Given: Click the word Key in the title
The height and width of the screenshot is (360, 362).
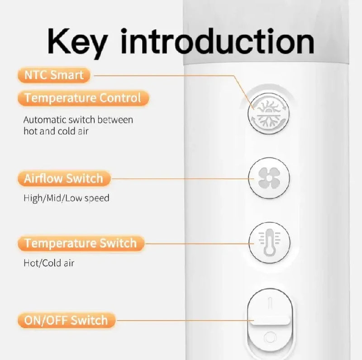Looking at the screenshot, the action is [x=77, y=43].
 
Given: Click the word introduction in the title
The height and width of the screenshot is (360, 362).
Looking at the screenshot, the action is [x=217, y=41].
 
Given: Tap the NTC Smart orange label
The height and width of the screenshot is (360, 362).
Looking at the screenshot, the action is [x=54, y=75].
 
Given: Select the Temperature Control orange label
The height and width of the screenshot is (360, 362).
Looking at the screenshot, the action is [x=83, y=98].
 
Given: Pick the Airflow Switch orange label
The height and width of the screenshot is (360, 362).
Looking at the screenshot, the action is [x=64, y=178].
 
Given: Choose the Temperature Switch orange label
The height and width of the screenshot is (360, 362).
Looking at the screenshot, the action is [x=81, y=243].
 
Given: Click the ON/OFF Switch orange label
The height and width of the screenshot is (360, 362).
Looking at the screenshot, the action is [x=66, y=320].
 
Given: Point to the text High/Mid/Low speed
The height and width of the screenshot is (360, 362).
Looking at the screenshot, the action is [x=67, y=198].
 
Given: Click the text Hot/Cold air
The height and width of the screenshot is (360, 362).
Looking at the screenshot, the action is [x=49, y=263].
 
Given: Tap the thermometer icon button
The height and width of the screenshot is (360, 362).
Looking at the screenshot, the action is [x=269, y=242].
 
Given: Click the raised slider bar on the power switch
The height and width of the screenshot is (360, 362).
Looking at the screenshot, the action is [x=271, y=321].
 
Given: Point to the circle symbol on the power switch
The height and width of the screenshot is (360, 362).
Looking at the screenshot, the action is [x=270, y=337].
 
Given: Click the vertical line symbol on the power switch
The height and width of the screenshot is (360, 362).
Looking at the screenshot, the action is [x=271, y=303].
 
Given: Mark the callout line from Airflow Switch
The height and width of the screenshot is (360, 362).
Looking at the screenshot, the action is [x=182, y=179].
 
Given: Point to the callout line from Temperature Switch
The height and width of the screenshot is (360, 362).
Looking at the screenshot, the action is [x=199, y=243].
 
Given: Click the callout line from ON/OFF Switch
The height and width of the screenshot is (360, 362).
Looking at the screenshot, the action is [x=185, y=320].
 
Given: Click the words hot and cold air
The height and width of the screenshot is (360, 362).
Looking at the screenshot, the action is [x=56, y=131].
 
